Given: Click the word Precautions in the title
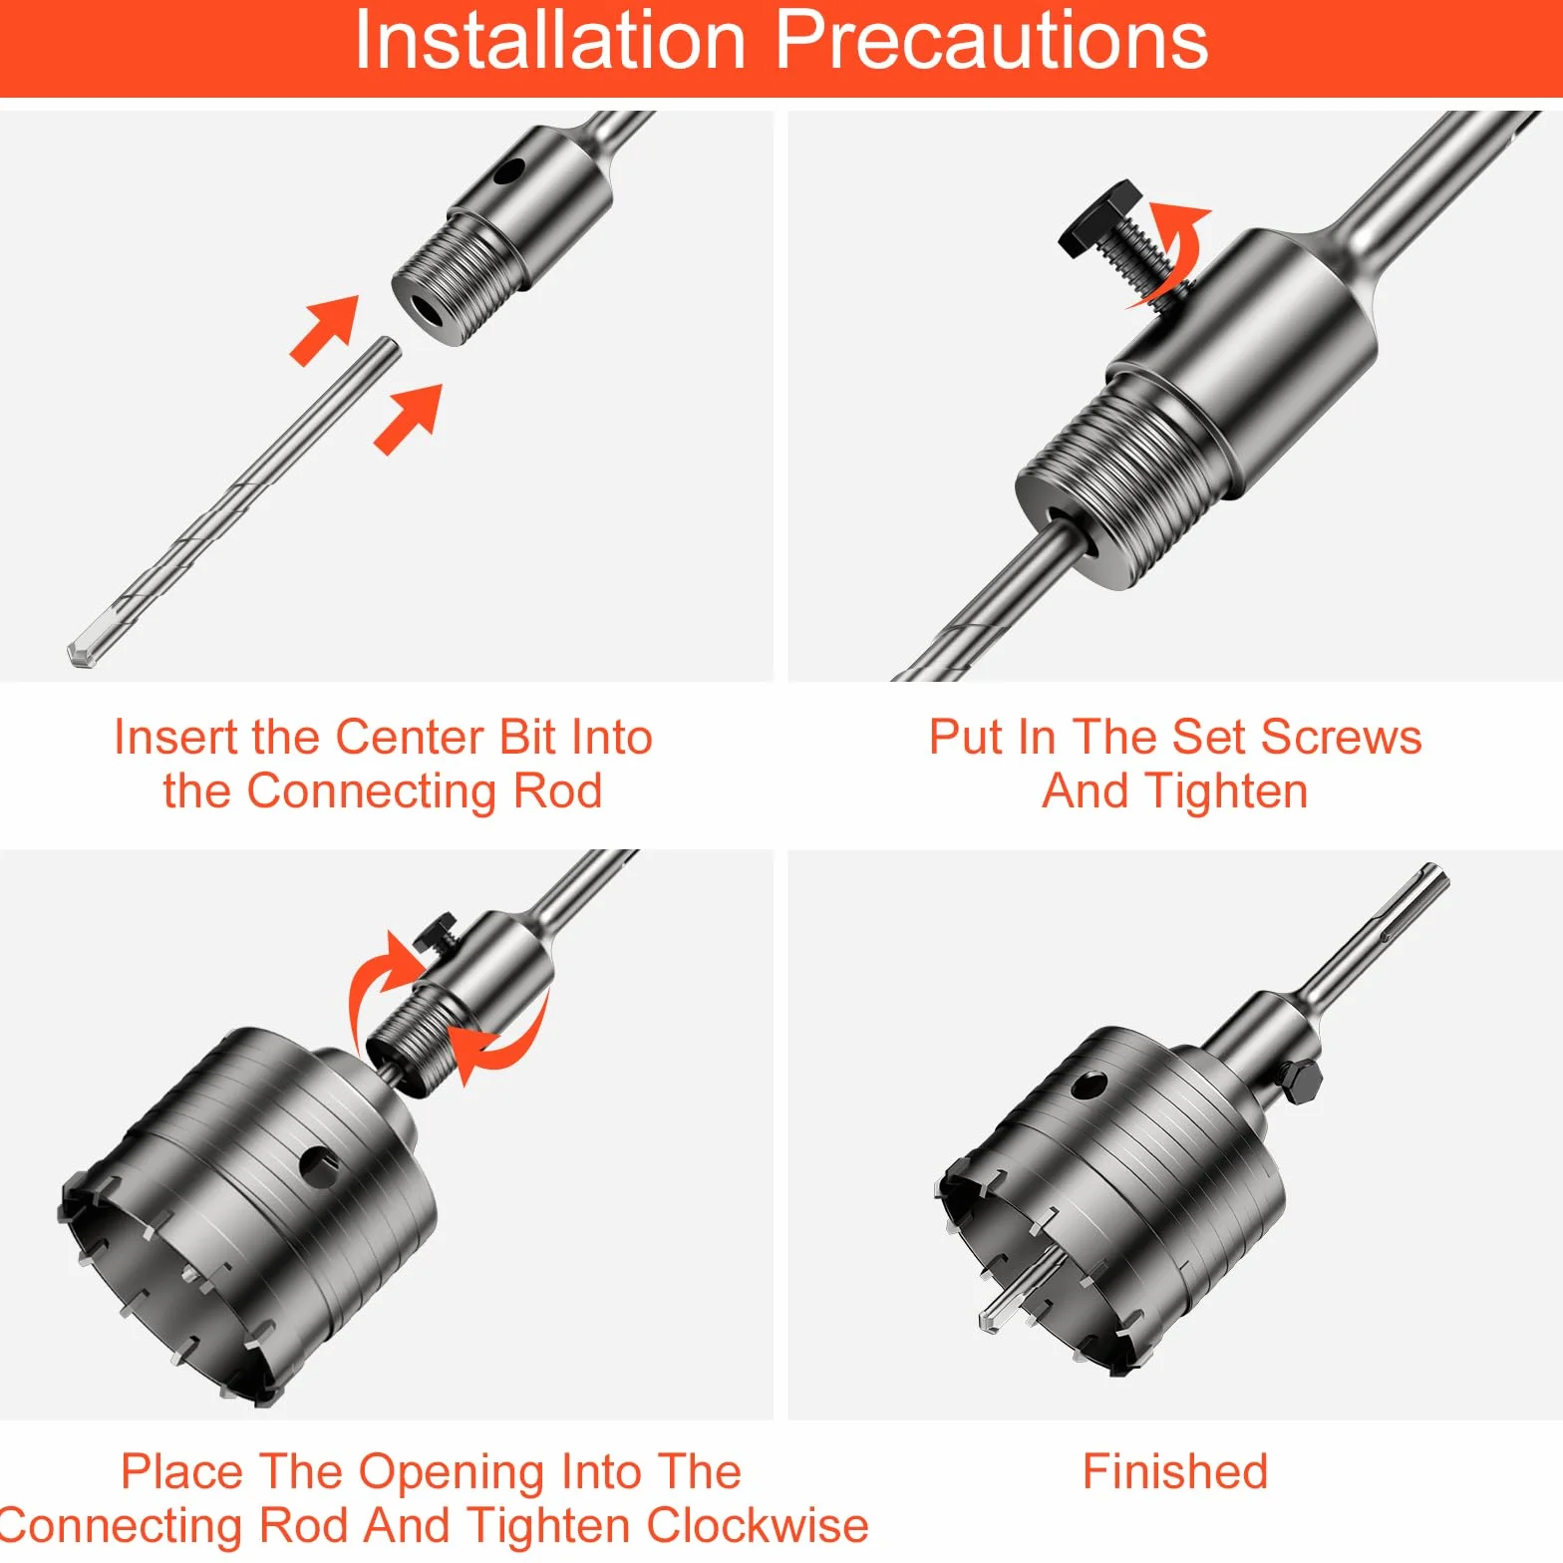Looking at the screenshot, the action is click(x=991, y=42).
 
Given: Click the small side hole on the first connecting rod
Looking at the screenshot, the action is click(x=508, y=173).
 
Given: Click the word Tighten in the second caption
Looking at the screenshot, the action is click(x=1225, y=791).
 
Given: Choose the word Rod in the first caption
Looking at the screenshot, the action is click(x=557, y=791).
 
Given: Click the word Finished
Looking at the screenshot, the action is click(x=1175, y=1471).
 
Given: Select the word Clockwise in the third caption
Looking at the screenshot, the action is click(x=757, y=1525).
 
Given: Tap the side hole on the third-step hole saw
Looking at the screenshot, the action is click(x=318, y=1163).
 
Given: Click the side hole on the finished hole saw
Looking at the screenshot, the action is click(x=1090, y=1085).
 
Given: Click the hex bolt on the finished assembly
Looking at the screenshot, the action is click(x=1301, y=1082).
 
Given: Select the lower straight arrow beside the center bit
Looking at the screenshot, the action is click(x=409, y=419).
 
